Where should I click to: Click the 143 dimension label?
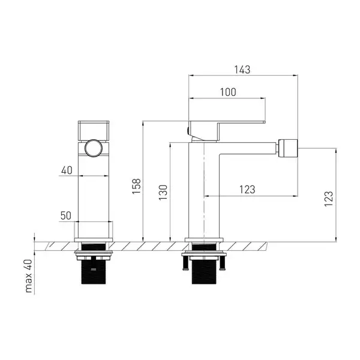point(242,70)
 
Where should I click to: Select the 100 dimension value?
point(228,92)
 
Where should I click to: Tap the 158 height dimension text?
point(136,186)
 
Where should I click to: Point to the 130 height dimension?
point(163,193)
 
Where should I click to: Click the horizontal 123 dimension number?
point(247,190)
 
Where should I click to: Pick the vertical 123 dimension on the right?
point(329,199)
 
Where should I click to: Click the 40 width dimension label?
point(67,170)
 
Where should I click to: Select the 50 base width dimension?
point(66,215)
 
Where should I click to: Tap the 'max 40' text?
point(28,276)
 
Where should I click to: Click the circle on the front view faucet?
point(94,148)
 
